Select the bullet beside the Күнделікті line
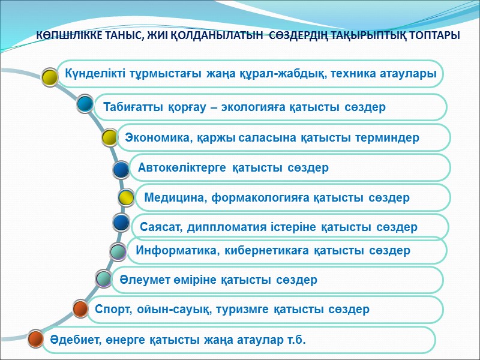(x=50, y=75)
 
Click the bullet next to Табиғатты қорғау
(x=85, y=105)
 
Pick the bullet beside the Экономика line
(x=110, y=137)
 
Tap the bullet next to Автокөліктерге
(x=122, y=170)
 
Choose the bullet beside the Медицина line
(x=126, y=197)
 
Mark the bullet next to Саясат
(x=122, y=223)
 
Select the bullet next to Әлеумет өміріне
(x=104, y=279)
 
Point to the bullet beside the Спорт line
(x=81, y=308)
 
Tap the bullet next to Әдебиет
(x=37, y=340)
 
